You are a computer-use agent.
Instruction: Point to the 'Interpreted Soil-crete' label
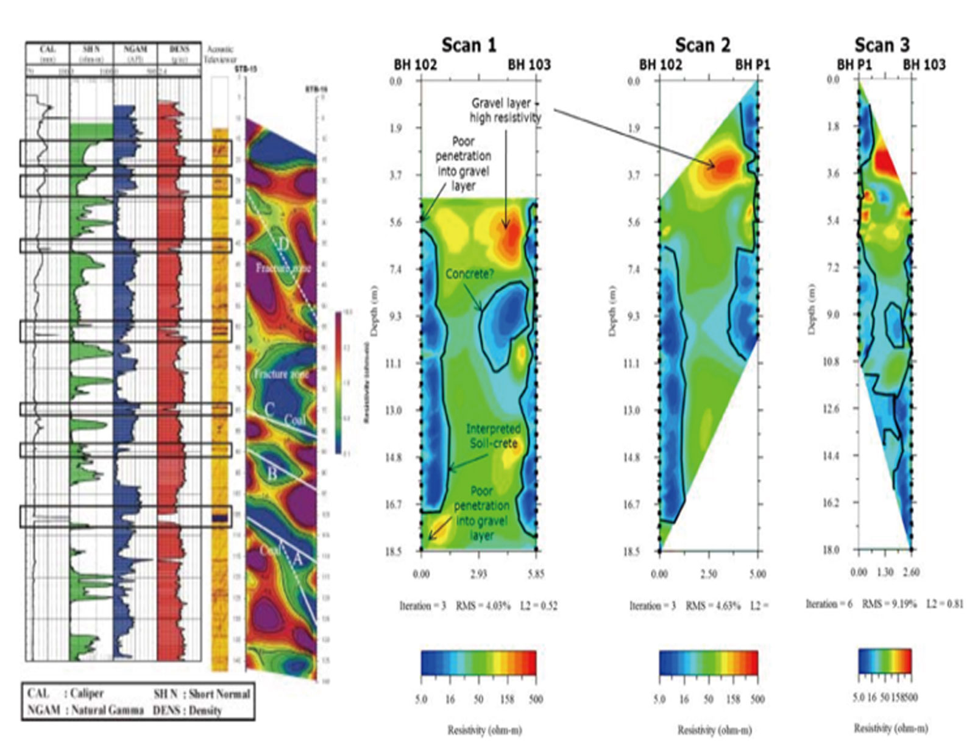(x=493, y=436)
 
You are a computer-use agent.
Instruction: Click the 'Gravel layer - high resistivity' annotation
(x=505, y=110)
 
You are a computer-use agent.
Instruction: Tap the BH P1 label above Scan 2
(x=753, y=65)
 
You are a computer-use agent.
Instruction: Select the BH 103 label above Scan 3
(x=924, y=65)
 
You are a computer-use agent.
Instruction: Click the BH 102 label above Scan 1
(x=415, y=65)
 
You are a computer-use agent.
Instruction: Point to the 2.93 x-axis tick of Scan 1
(x=478, y=574)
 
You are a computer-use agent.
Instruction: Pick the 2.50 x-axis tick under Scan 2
(x=708, y=574)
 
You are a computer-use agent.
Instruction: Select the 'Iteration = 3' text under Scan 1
(x=423, y=606)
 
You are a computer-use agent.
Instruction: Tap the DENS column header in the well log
(x=178, y=49)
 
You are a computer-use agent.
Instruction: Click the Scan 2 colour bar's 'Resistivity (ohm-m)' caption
(x=714, y=730)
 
